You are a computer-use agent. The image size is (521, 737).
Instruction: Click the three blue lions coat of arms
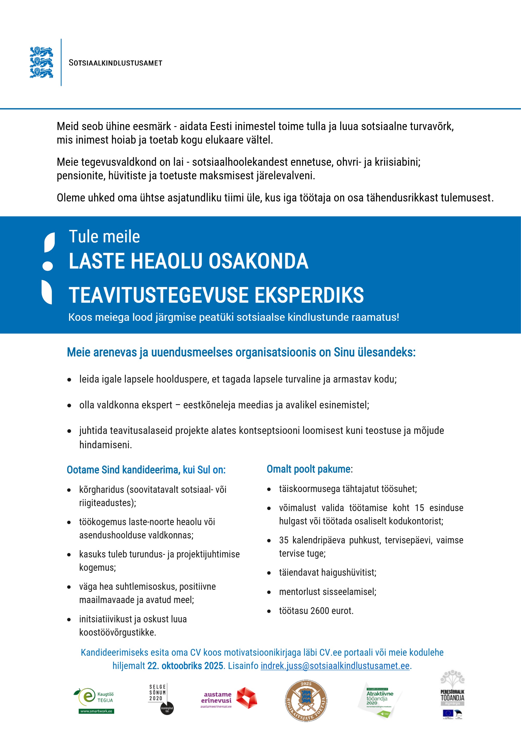[41, 62]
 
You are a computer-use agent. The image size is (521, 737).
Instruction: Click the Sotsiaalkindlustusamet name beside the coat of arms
[115, 63]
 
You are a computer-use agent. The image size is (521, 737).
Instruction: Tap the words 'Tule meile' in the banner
[104, 237]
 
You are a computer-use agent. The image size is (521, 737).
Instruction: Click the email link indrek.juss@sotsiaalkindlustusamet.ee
[335, 666]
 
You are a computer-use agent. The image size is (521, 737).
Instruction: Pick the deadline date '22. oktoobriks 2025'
[185, 666]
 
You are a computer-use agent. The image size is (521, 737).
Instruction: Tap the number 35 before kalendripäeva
[284, 540]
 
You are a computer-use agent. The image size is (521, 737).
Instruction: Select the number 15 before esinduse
[419, 508]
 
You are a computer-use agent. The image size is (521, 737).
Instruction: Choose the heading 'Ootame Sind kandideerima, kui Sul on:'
[146, 470]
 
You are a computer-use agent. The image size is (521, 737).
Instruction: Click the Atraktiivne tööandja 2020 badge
[379, 701]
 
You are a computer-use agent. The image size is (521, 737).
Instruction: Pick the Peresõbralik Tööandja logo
[452, 695]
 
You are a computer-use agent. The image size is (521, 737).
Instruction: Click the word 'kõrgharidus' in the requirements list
[101, 489]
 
